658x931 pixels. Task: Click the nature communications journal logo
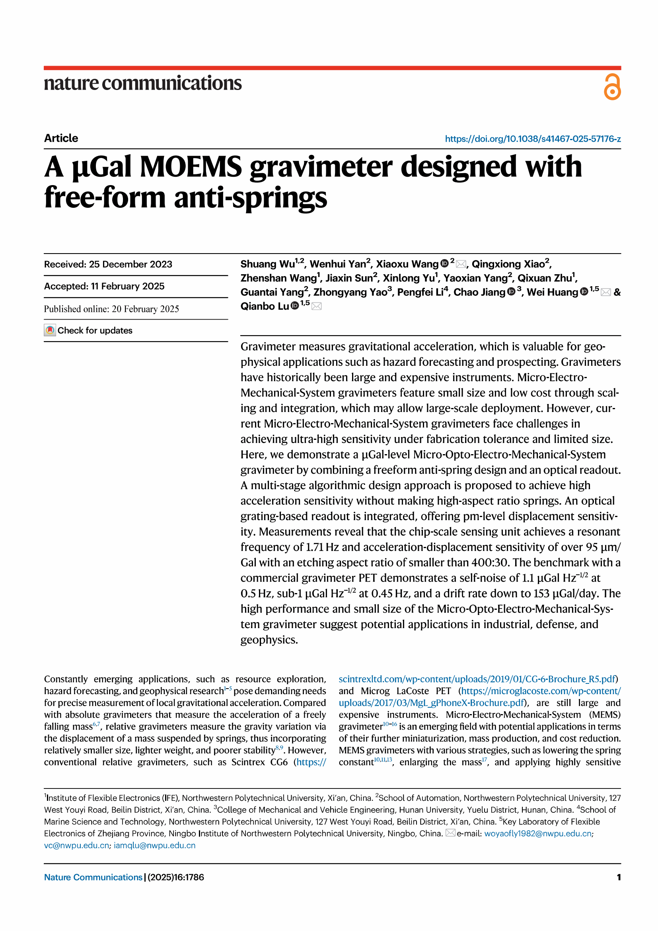click(143, 84)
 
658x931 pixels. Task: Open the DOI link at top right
click(532, 139)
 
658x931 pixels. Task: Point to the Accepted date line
click(104, 286)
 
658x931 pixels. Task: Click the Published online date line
click(111, 309)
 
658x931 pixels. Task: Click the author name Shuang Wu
click(267, 264)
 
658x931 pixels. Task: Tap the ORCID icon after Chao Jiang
click(511, 292)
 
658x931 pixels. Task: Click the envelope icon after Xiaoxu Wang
click(461, 264)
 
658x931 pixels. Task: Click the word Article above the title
click(61, 138)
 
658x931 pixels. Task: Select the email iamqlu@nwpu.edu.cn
click(154, 845)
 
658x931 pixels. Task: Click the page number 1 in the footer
click(618, 878)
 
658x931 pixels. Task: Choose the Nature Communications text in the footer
click(93, 878)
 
